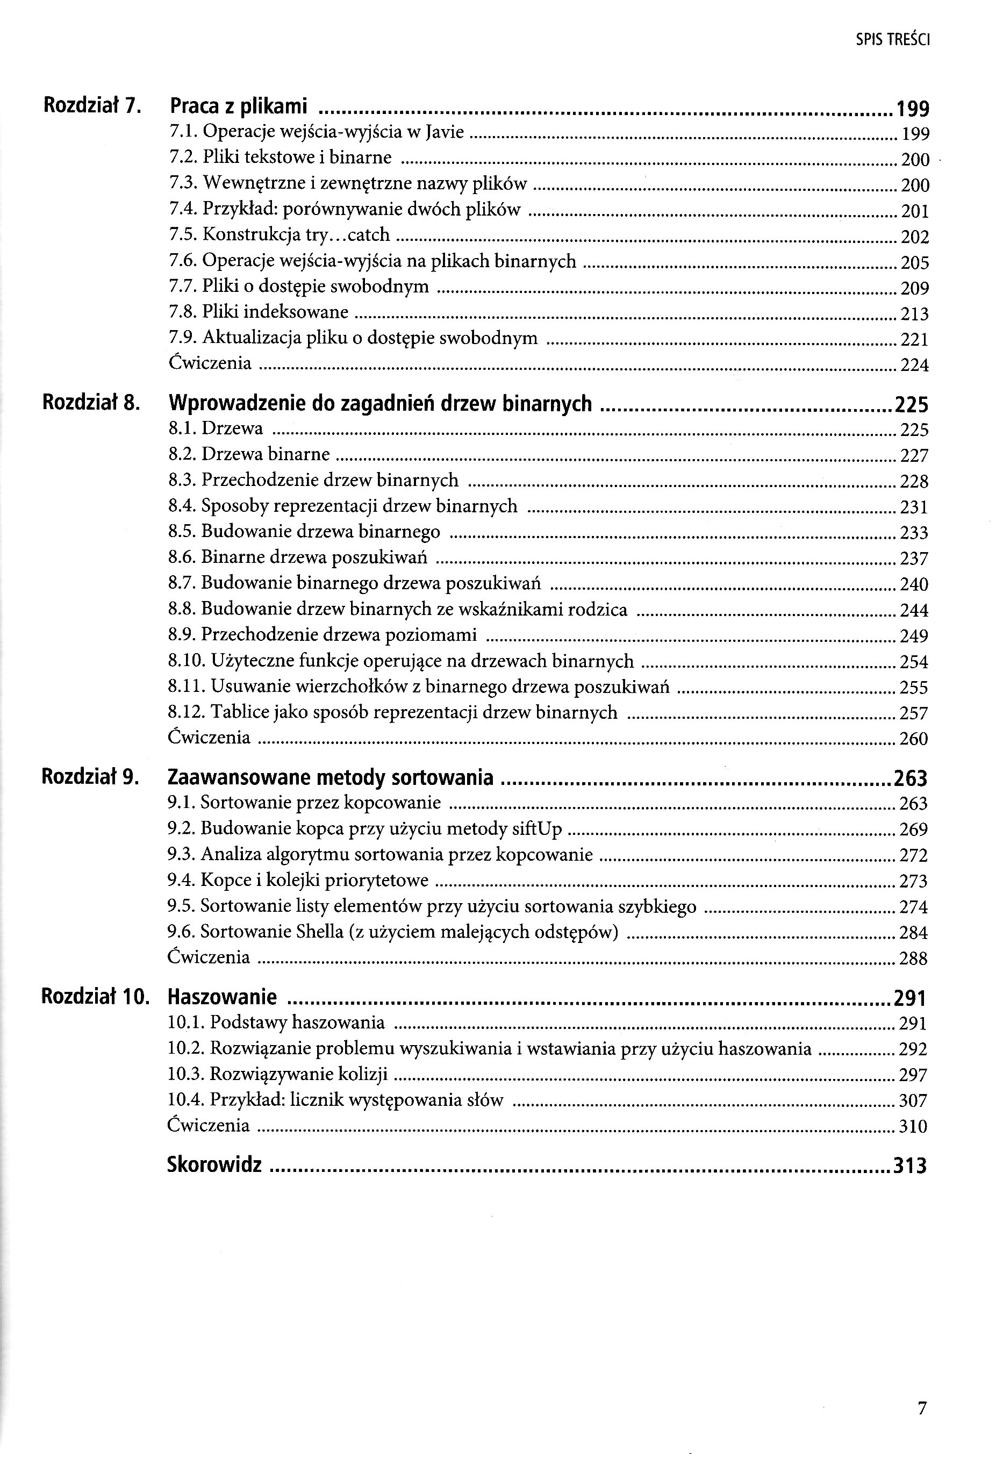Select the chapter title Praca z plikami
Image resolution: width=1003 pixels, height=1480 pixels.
pyautogui.click(x=238, y=106)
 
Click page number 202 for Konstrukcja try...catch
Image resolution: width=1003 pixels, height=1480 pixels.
pyautogui.click(x=914, y=237)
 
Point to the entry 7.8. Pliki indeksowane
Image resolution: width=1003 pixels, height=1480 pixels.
pyautogui.click(x=259, y=312)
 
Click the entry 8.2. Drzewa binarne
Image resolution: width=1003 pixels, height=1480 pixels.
pyautogui.click(x=249, y=454)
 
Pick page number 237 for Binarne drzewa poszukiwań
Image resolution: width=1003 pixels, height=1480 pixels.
pyautogui.click(x=914, y=559)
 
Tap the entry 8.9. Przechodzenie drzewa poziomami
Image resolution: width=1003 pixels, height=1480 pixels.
pyautogui.click(x=322, y=635)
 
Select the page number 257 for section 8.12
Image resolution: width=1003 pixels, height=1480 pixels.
pyautogui.click(x=914, y=713)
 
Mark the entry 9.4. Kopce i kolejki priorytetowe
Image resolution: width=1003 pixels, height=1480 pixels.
pyautogui.click(x=297, y=881)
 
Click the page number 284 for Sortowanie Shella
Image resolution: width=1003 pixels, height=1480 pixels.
pyautogui.click(x=913, y=933)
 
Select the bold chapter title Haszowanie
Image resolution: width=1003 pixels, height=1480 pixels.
pyautogui.click(x=221, y=997)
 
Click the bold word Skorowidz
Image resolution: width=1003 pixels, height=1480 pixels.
pyautogui.click(x=214, y=1165)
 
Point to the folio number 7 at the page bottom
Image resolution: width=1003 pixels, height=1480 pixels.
pyautogui.click(x=921, y=1407)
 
